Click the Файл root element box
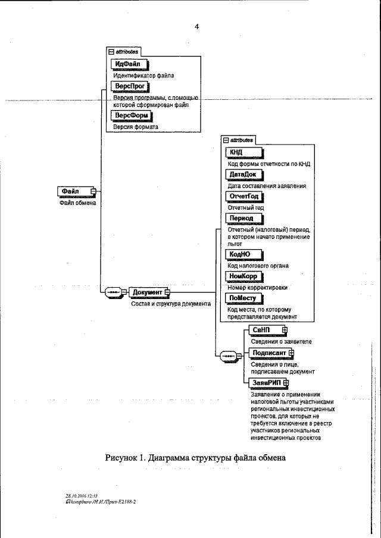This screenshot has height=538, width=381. click(74, 191)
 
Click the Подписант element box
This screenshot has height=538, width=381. click(270, 353)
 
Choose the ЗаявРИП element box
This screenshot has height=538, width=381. click(266, 382)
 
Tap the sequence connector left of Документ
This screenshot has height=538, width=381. click(113, 292)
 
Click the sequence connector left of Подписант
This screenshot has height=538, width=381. click(229, 357)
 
